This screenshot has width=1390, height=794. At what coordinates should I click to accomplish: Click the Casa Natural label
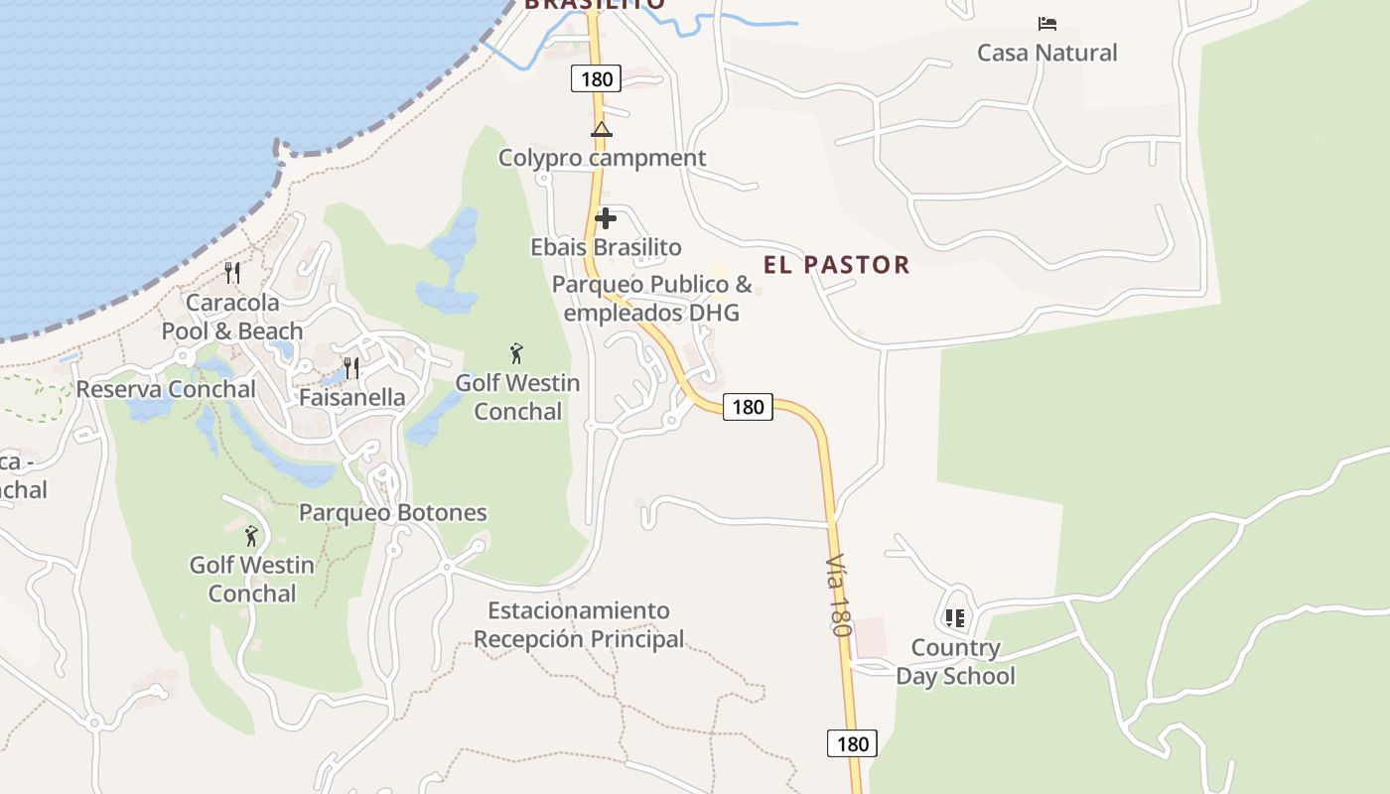click(x=1047, y=53)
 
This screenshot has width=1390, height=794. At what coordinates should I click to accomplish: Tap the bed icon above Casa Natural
click(x=1046, y=23)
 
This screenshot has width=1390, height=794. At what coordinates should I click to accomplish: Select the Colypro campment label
click(x=602, y=158)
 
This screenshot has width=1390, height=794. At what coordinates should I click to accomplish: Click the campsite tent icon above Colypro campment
click(x=601, y=129)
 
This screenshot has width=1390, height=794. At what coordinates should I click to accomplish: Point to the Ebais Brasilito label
click(x=606, y=247)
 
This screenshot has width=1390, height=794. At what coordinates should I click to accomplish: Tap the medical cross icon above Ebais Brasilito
click(x=606, y=218)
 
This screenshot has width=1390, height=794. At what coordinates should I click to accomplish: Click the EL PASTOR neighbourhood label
click(x=836, y=264)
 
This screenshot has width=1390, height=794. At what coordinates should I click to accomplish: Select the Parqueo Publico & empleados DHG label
click(x=651, y=299)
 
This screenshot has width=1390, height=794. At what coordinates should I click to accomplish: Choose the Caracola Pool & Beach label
click(x=232, y=317)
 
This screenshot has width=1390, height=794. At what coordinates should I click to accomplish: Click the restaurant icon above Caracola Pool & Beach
click(x=232, y=272)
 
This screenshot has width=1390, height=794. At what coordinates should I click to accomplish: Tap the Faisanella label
click(x=352, y=398)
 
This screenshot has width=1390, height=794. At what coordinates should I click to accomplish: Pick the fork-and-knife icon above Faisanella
click(x=351, y=368)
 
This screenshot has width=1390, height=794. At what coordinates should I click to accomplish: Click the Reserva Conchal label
click(x=166, y=389)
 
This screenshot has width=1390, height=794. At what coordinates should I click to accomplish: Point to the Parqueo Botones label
click(x=393, y=513)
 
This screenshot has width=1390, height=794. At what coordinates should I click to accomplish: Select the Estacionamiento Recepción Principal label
click(x=579, y=624)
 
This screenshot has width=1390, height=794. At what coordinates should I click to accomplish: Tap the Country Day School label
click(x=955, y=662)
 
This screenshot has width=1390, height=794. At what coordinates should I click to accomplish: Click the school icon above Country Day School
click(x=955, y=618)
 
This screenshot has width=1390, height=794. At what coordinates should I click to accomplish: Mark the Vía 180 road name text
click(x=838, y=595)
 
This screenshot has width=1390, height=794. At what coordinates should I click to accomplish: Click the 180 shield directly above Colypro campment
click(x=596, y=78)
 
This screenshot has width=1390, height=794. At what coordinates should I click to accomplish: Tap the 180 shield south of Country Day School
click(x=852, y=743)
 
